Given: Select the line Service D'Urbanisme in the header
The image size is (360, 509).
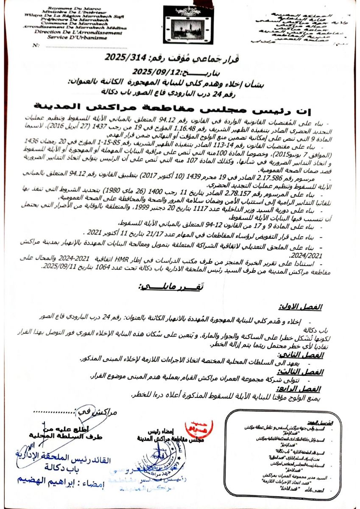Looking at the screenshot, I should coord(72,36).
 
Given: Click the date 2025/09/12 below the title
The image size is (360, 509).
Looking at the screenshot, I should coord(151,71).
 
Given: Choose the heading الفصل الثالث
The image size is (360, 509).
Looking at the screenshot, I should coord(308,372).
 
